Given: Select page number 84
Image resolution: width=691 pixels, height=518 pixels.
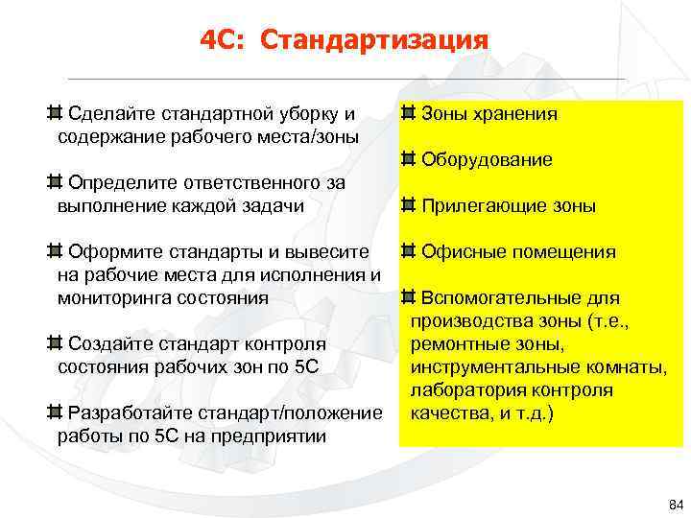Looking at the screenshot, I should click(x=674, y=505).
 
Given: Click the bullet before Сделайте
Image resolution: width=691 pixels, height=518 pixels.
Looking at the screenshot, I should click(x=56, y=114).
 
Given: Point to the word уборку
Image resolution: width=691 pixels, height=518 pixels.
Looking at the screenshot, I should click(x=309, y=114).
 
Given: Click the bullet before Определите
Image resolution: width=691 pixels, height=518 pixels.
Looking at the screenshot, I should click(x=56, y=182).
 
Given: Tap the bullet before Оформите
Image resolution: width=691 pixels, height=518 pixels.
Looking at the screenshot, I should click(x=56, y=252).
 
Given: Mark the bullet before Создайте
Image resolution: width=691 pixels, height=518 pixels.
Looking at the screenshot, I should click(x=56, y=343).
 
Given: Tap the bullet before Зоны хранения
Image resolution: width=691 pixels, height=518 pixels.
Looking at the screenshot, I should click(x=409, y=114).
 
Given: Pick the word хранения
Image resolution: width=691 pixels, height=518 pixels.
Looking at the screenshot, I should click(x=513, y=114).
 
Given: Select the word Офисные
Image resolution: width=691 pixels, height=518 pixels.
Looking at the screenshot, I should click(x=459, y=252).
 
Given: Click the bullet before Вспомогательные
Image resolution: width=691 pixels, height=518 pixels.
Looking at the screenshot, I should click(x=409, y=297).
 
